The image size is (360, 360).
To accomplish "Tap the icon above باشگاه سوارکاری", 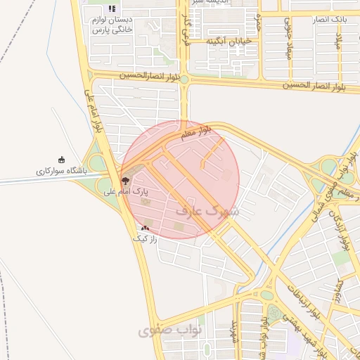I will click(x=61, y=160).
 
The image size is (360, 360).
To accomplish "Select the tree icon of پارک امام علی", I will click(x=125, y=181).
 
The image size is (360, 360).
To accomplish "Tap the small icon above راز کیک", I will click(x=145, y=228).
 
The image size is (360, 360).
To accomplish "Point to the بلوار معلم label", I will click(x=196, y=134).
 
